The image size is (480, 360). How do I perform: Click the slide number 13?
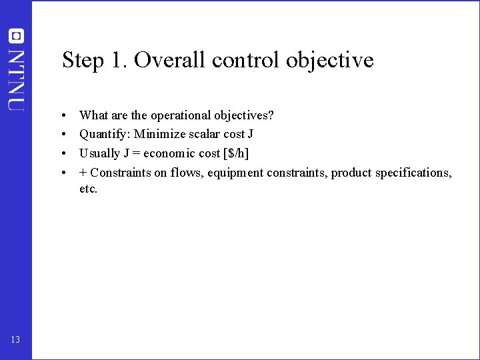[15, 340]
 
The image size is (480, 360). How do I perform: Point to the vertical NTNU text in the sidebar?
[16, 79]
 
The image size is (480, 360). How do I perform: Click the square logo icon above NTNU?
[16, 36]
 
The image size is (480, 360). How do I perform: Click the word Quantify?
[104, 135]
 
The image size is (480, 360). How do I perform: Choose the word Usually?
[99, 153]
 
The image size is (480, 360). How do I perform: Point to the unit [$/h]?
[235, 153]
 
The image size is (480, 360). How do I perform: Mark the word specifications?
[413, 173]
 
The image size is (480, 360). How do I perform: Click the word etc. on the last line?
[88, 189]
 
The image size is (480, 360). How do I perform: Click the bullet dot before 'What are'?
[61, 116]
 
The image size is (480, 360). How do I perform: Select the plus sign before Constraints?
[83, 173]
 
